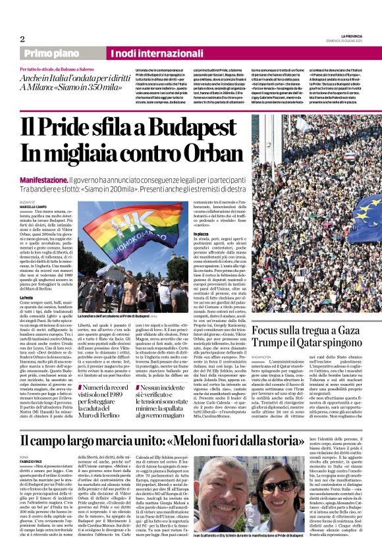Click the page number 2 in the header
point(22,39)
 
